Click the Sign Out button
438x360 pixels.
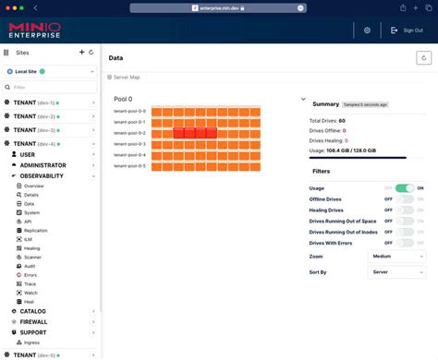click(407, 30)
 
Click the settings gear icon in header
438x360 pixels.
click(367, 30)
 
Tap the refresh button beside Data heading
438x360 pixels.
click(423, 57)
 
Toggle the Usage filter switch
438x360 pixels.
click(405, 188)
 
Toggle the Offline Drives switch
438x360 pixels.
click(405, 199)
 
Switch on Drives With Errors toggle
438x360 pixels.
click(405, 243)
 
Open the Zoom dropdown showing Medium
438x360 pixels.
click(396, 256)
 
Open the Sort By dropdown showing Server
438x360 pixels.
click(396, 272)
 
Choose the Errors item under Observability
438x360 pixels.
click(30, 275)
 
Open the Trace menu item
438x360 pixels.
click(30, 284)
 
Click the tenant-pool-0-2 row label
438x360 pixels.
click(129, 133)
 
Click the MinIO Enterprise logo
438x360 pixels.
click(34, 30)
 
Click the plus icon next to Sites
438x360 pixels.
click(81, 53)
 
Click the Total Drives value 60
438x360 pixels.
click(342, 121)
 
